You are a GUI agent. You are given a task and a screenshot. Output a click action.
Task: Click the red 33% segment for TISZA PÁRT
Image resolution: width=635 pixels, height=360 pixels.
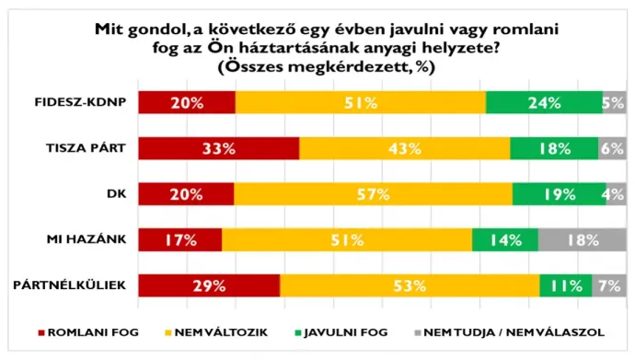pyautogui.click(x=219, y=148)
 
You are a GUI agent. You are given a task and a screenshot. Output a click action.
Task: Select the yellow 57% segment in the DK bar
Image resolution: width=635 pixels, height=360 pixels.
pyautogui.click(x=373, y=193)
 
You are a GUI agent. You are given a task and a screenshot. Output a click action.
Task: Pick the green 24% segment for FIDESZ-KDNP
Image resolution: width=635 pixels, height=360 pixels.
pyautogui.click(x=543, y=102)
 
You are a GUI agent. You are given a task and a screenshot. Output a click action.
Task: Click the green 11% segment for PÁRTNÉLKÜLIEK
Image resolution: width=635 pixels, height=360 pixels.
pyautogui.click(x=565, y=285)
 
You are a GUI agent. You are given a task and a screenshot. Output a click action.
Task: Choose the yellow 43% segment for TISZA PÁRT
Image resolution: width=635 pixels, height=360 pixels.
pyautogui.click(x=404, y=148)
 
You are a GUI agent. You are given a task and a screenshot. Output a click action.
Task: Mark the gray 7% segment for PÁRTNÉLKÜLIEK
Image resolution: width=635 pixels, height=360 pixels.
pyautogui.click(x=608, y=285)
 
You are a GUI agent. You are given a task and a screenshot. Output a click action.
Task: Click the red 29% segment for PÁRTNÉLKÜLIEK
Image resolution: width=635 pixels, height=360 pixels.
pyautogui.click(x=209, y=285)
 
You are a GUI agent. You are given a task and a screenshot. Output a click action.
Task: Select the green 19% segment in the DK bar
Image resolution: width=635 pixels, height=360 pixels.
pyautogui.click(x=559, y=193)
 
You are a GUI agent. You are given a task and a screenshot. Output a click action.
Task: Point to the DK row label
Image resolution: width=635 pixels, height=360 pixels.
pyautogui.click(x=114, y=193)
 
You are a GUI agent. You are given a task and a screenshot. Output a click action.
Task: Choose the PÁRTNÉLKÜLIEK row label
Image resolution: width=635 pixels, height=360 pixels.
pyautogui.click(x=80, y=285)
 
